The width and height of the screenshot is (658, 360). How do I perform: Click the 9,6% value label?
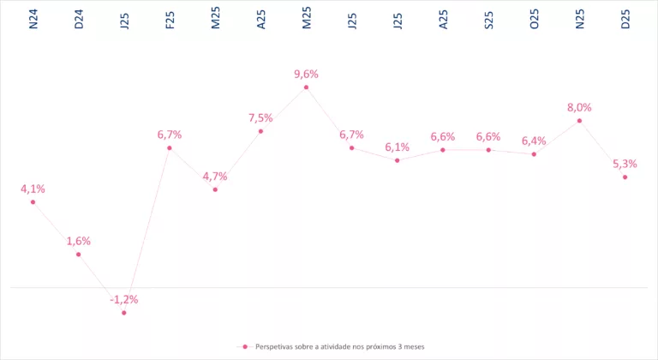306,75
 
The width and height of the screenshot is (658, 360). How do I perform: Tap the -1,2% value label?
124,300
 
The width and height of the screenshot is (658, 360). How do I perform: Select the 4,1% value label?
33,189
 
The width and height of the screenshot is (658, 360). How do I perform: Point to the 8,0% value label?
580,108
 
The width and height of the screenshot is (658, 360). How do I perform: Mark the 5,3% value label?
625,164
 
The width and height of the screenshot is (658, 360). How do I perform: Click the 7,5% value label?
260,118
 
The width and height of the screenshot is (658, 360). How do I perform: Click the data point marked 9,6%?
306,87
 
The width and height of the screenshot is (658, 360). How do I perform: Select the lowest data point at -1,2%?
124,313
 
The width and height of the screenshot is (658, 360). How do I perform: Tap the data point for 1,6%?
79,254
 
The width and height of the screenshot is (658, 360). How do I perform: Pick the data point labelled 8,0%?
580,121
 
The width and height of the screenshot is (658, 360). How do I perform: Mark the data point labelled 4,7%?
215,189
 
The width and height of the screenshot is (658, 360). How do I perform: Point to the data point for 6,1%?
398,160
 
